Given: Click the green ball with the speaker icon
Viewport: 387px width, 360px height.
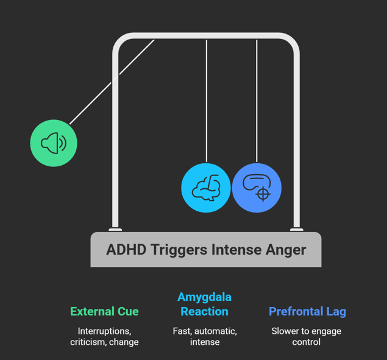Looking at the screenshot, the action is click(54, 143).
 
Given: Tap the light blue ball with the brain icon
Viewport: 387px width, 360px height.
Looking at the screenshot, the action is click(206, 188).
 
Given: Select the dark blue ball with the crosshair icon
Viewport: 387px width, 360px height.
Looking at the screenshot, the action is click(257, 188).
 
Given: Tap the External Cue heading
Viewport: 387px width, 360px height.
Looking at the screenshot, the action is click(104, 311).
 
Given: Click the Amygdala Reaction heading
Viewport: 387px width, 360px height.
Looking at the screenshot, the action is click(204, 305).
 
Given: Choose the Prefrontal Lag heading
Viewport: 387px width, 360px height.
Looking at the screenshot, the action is click(307, 311).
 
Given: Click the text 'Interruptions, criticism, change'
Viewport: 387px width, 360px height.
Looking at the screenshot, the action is click(104, 336).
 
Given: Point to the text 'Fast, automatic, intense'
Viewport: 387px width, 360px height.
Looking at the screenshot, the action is click(204, 336).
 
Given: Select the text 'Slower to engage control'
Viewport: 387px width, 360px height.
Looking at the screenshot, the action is click(306, 336).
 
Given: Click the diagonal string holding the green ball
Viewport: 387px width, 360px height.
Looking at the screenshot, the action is click(113, 82).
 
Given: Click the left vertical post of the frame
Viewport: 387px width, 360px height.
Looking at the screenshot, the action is click(115, 140).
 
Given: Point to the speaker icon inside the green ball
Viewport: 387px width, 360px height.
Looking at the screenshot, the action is click(52, 144).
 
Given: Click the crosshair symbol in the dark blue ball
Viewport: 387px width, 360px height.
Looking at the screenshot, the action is click(263, 194).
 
